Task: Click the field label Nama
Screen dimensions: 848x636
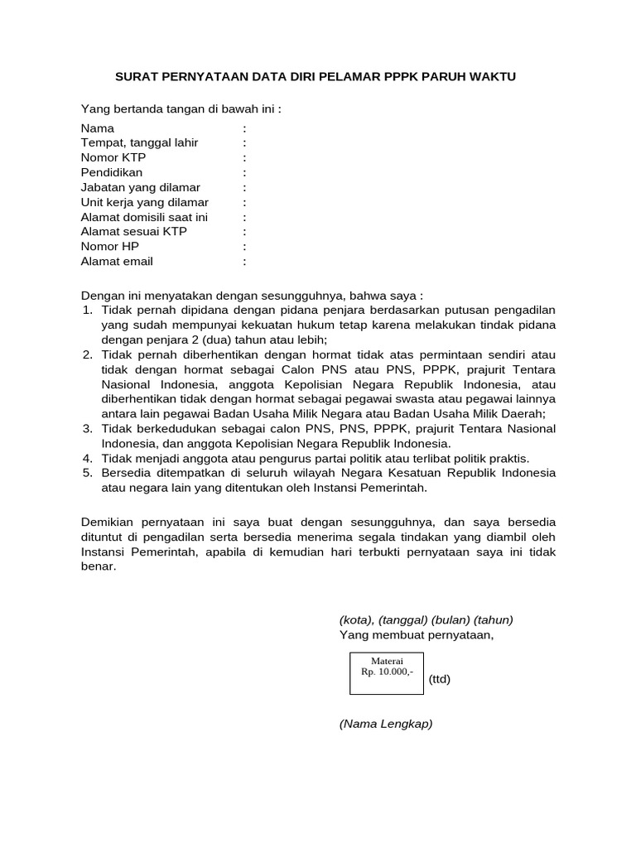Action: click(x=98, y=128)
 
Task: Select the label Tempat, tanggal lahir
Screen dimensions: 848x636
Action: click(x=139, y=142)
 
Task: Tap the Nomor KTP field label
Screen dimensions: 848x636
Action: click(x=113, y=157)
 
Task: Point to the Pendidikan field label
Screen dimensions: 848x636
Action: click(x=112, y=172)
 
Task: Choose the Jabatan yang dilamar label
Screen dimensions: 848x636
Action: click(x=140, y=187)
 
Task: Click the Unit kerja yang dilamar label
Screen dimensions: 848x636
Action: click(x=144, y=202)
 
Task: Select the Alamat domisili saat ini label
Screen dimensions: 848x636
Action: click(x=144, y=217)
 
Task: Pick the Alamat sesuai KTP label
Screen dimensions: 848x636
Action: click(x=133, y=232)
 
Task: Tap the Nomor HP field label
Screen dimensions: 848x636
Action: click(x=110, y=247)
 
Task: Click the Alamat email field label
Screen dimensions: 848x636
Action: click(x=117, y=262)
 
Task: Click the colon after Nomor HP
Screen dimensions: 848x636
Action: click(x=245, y=247)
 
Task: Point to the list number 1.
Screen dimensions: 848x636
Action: click(x=88, y=310)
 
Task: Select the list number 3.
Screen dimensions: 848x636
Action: click(x=88, y=428)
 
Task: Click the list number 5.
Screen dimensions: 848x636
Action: click(x=88, y=473)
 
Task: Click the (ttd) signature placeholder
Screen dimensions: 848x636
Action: click(x=440, y=679)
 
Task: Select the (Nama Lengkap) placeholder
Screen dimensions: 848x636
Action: click(x=386, y=724)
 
